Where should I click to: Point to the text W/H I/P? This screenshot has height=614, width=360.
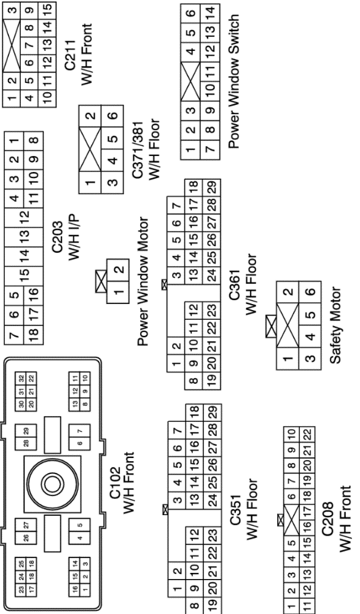pyautogui.click(x=74, y=236)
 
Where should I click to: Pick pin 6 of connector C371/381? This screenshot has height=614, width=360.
pyautogui.click(x=113, y=116)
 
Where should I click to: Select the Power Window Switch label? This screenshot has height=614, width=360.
pyautogui.click(x=233, y=82)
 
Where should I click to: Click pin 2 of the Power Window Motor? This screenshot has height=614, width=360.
pyautogui.click(x=119, y=270)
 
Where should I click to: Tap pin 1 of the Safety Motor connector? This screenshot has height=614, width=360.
pyautogui.click(x=288, y=359)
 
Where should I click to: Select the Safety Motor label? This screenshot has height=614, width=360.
pyautogui.click(x=335, y=325)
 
